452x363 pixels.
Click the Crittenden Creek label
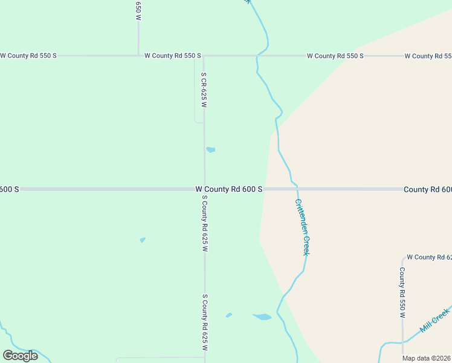coord(302,227)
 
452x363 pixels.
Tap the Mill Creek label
coord(435,319)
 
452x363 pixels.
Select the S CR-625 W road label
coord(204,90)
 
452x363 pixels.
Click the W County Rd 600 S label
coord(229,189)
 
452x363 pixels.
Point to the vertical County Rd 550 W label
coord(402,292)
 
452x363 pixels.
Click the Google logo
coord(20,356)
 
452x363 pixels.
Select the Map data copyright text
coord(427,358)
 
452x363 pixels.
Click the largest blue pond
coord(262,316)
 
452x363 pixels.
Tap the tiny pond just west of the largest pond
coord(229,315)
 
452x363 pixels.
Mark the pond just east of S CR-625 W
coord(210,149)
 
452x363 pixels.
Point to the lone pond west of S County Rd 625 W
coord(143,240)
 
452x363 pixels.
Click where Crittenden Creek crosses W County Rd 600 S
coord(297,189)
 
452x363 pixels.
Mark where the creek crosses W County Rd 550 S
coord(259,56)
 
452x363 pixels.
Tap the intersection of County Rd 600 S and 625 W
coord(204,189)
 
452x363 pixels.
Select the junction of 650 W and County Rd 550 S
coord(138,56)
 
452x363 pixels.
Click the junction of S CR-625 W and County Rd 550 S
coord(204,56)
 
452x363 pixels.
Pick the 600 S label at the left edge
coord(9,189)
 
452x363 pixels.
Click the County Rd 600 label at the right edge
coord(427,189)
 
